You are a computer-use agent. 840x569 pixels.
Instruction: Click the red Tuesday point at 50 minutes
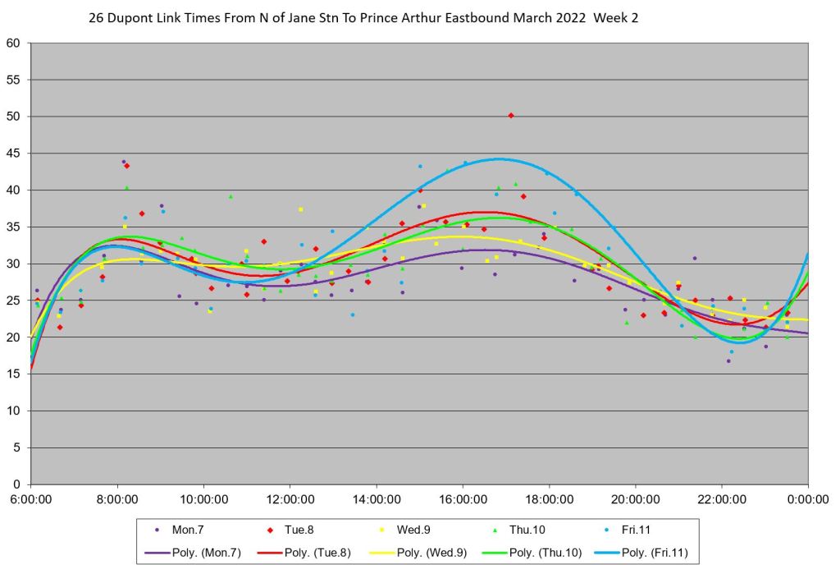[x=511, y=116]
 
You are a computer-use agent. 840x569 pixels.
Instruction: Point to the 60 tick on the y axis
[x=14, y=44]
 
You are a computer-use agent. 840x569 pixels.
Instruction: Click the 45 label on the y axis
[x=14, y=154]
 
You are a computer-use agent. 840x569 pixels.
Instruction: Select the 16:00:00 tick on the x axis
[x=462, y=499]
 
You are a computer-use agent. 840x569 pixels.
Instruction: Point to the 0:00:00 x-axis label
[x=808, y=499]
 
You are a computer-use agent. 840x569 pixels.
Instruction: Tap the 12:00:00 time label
[x=290, y=499]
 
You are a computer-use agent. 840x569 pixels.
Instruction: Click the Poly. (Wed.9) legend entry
[x=424, y=553]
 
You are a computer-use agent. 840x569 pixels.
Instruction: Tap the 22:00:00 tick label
[x=721, y=499]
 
